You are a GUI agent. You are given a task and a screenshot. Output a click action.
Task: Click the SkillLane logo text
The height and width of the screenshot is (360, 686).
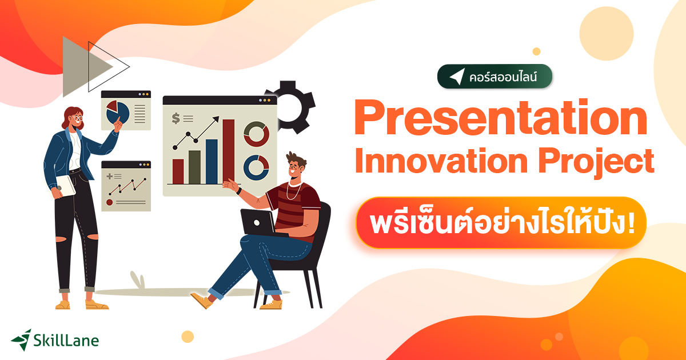click(65, 341)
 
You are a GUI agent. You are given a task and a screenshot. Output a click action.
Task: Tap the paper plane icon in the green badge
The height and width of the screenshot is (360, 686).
click(456, 77)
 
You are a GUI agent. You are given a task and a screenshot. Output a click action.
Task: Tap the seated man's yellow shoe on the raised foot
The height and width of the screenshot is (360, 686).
click(201, 300)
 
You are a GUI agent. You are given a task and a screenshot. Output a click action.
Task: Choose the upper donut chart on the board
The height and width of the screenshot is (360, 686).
click(256, 134)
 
